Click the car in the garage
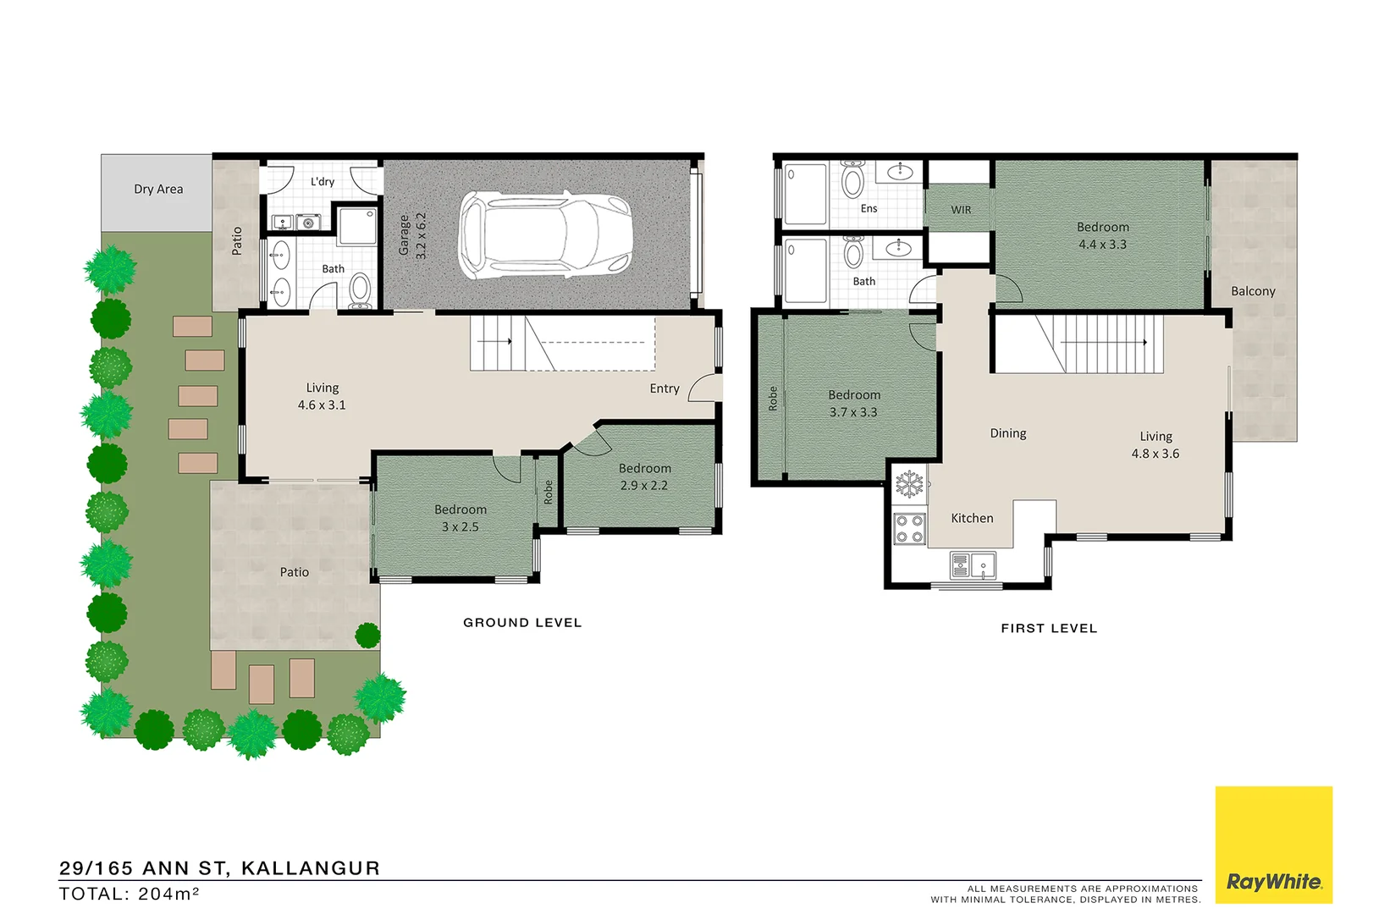coord(545,235)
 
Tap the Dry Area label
coord(158,189)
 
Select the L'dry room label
coord(323,181)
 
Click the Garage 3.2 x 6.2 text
coord(412,235)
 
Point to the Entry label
coord(665,388)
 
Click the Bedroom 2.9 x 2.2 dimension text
coord(644,486)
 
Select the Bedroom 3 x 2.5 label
coord(461,518)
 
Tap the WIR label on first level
coord(961,210)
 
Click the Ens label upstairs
coord(869,208)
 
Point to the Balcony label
coord(1253,291)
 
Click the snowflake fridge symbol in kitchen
coord(909,485)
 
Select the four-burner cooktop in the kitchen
coord(910,529)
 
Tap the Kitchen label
coord(972,518)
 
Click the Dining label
coord(1008,433)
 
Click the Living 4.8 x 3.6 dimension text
coord(1156,454)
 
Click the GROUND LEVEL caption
coord(522,623)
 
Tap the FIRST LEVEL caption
coord(1049,629)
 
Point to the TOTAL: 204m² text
coord(129,894)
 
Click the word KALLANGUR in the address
coord(311,868)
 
